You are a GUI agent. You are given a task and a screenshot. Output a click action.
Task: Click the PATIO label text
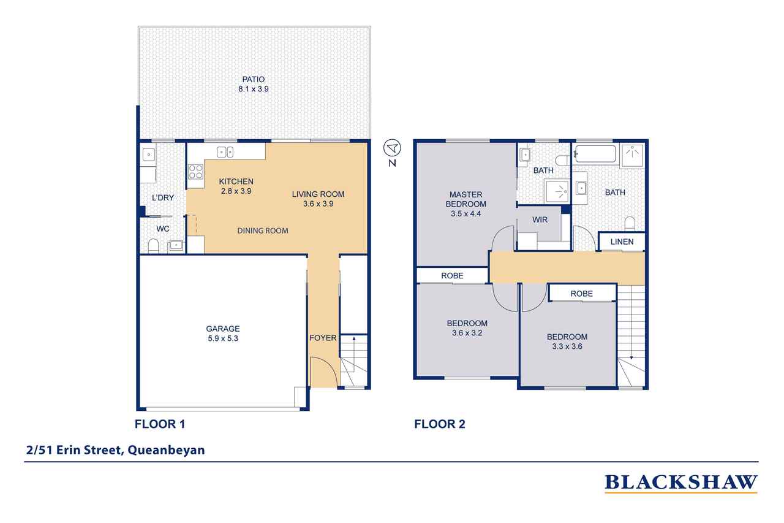coord(254,78)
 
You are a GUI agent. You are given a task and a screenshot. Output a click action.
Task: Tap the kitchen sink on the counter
coord(225,152)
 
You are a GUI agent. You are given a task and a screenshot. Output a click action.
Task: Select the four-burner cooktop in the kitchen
coord(195,172)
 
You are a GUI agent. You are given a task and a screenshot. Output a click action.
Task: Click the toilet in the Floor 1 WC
coord(153,246)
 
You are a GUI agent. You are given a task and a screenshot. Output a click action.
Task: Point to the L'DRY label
coord(163,198)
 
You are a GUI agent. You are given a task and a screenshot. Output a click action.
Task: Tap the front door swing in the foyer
coord(323,372)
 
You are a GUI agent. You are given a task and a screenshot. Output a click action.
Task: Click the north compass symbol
coord(391,148)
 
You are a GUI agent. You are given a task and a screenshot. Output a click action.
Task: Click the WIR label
coord(540,220)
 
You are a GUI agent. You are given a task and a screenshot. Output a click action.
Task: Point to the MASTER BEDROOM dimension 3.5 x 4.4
coord(466,214)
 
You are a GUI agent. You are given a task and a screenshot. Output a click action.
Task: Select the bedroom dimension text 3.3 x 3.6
coord(567,346)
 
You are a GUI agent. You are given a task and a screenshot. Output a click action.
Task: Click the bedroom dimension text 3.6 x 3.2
coord(467,333)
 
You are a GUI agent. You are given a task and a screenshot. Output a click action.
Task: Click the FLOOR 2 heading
coord(440,424)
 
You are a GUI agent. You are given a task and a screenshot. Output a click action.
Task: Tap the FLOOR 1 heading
coord(159,424)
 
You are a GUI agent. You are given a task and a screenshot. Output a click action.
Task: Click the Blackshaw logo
coord(680,483)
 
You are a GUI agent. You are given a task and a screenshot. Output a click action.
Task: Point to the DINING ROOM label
coord(263,231)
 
